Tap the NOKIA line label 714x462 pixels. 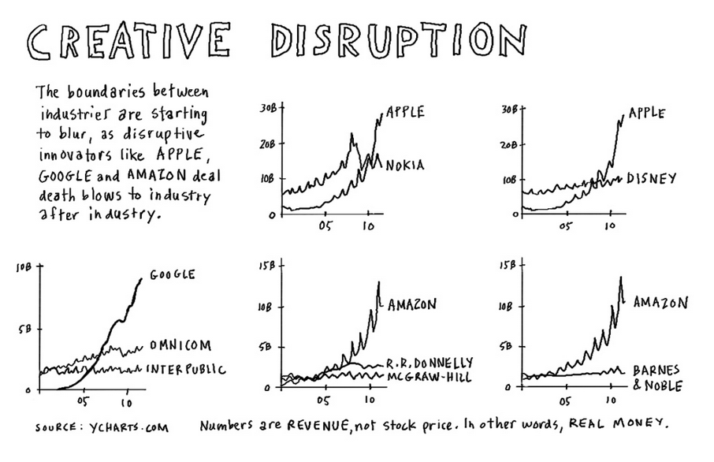405,166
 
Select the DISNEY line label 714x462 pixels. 652,179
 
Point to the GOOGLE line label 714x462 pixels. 172,275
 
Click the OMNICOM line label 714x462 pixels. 180,345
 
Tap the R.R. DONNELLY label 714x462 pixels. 429,363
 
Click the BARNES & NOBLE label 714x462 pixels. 656,378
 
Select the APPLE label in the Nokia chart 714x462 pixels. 406,112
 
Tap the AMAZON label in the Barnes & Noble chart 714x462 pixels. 661,302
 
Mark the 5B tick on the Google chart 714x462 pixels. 21,330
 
